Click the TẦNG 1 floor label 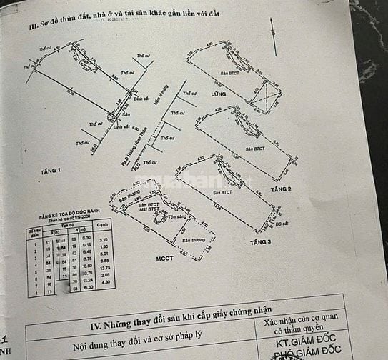[x=51, y=171]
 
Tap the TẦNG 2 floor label [x=281, y=189]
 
